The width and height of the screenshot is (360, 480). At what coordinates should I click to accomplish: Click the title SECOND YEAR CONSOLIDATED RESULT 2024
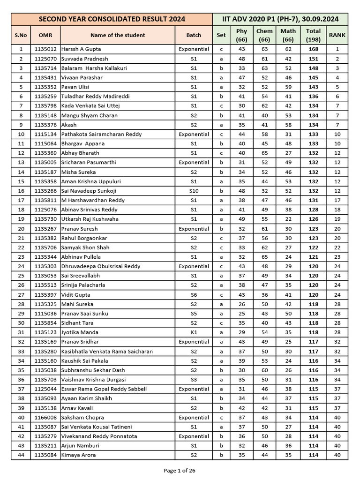coord(111,19)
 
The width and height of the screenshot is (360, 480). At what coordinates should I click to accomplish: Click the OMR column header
coord(45,35)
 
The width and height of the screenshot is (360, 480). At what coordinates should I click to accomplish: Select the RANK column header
coord(337,35)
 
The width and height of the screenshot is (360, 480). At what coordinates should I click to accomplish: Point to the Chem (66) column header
coord(264,35)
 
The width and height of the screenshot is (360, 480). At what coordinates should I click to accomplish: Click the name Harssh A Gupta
coord(81,49)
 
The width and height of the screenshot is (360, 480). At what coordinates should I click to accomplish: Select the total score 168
coord(313,49)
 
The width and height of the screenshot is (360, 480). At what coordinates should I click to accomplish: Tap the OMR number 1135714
coord(45,68)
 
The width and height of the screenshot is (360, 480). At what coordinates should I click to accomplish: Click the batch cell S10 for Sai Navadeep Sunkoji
coord(194,191)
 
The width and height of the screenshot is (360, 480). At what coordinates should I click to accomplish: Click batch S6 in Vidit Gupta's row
coord(194,295)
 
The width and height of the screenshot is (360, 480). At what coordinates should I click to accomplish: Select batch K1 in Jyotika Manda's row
coord(194,332)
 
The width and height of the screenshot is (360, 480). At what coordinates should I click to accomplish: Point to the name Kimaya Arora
coord(79,455)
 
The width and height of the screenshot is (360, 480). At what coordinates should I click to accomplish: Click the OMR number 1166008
coord(45,417)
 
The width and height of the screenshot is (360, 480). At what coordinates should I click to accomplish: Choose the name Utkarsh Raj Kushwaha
coord(90,219)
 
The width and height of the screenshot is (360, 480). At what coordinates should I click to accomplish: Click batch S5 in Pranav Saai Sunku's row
coord(194,314)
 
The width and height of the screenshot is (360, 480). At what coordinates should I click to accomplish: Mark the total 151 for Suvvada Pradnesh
coord(313,59)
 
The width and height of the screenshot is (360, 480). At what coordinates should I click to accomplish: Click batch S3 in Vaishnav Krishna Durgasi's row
coord(194,380)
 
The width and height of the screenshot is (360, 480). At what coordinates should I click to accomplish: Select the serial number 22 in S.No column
coord(21,247)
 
